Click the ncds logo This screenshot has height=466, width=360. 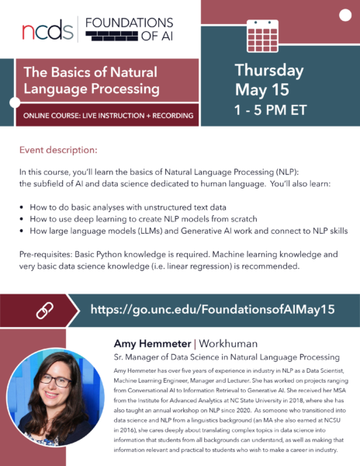tap(48, 30)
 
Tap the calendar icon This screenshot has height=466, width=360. tap(263, 33)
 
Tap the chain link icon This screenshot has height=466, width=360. tap(45, 310)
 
